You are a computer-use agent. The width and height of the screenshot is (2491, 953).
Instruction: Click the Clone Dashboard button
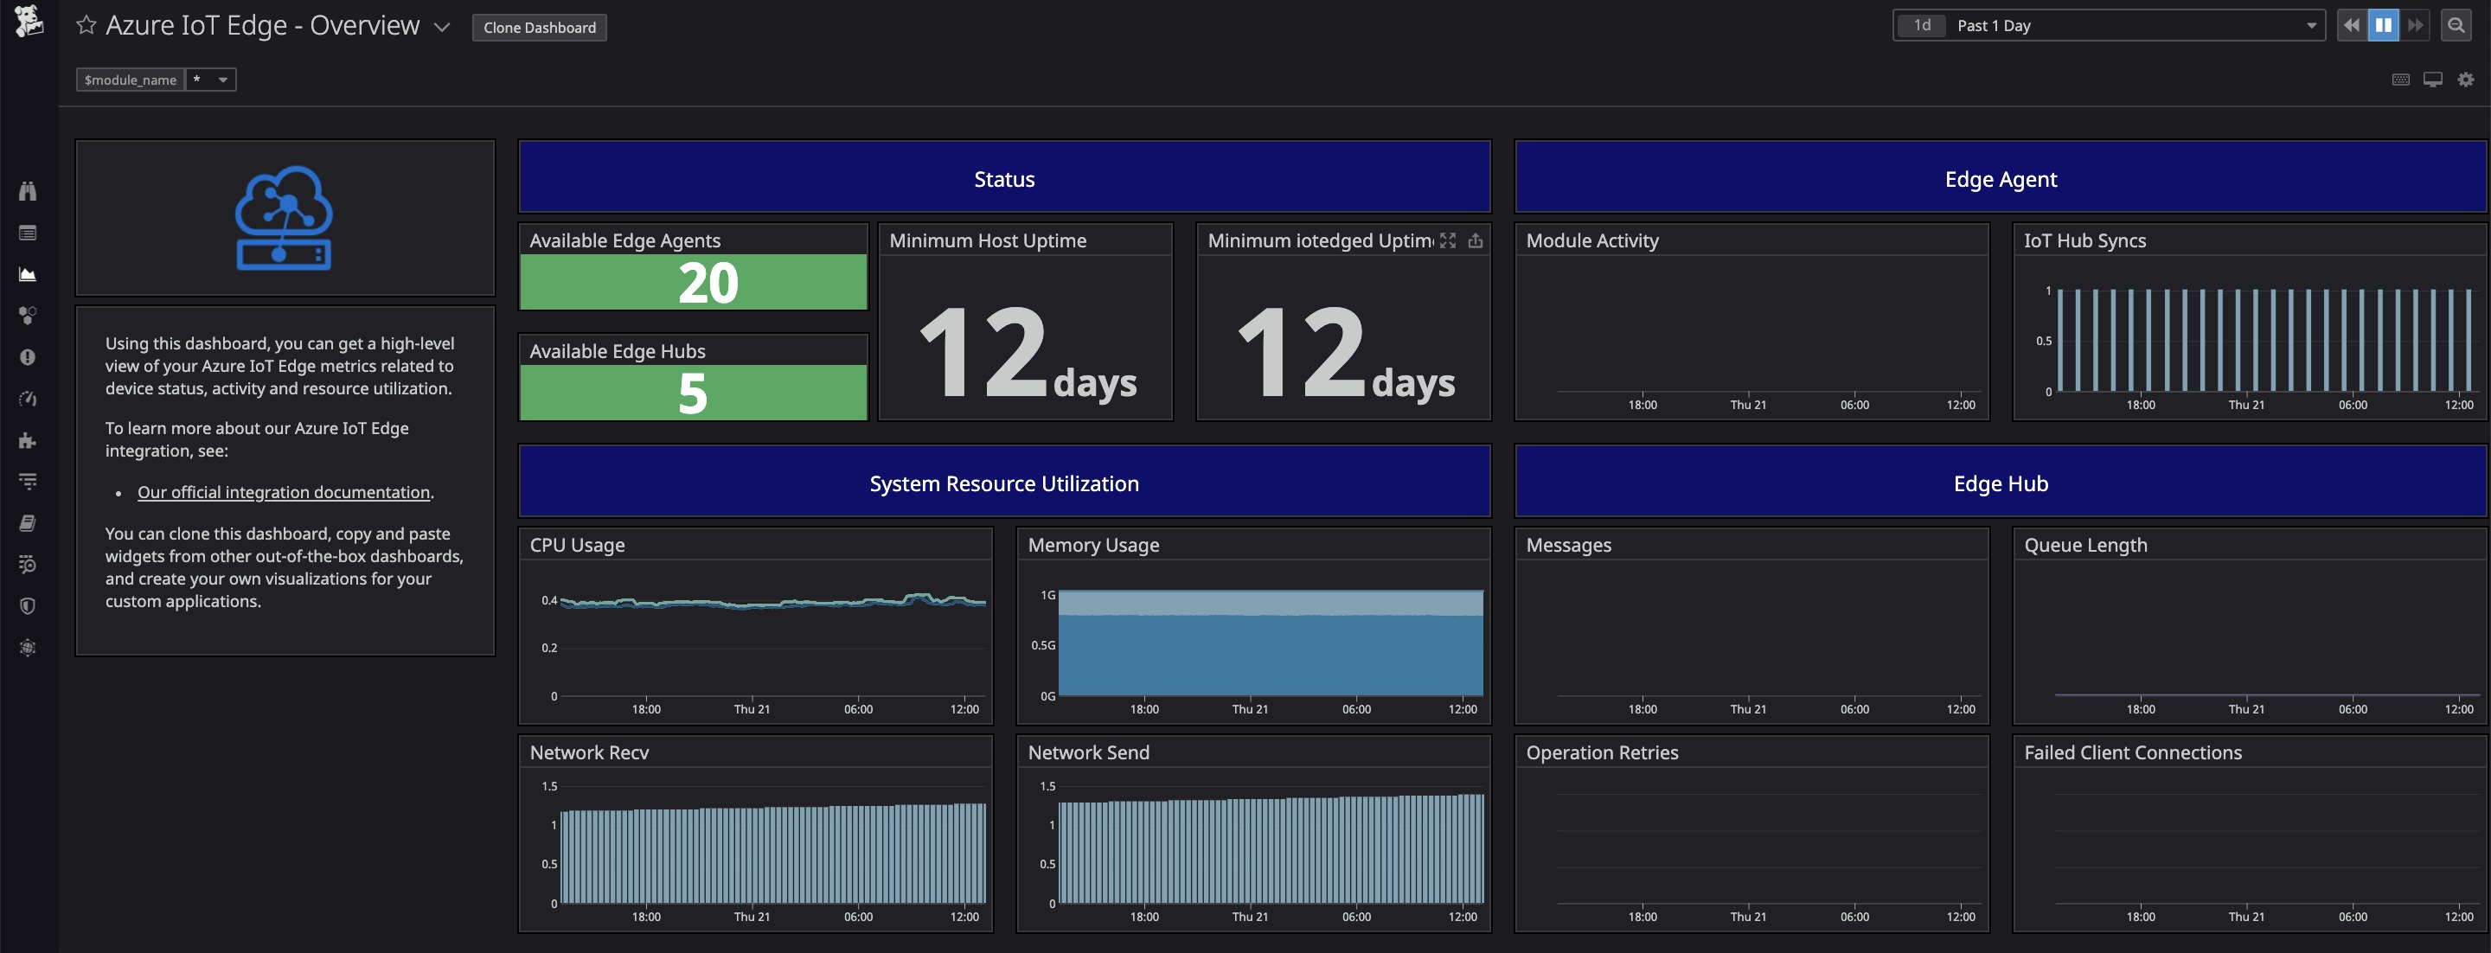540,27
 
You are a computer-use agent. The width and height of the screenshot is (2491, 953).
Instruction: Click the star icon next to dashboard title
86,25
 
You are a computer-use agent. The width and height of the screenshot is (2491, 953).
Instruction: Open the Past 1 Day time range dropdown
2108,26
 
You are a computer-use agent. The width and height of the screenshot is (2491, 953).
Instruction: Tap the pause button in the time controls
2383,26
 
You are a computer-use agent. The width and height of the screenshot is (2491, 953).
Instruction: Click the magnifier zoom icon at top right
2456,26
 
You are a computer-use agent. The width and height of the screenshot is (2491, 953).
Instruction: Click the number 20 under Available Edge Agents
707,283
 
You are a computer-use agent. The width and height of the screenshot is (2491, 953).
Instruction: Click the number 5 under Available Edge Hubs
692,393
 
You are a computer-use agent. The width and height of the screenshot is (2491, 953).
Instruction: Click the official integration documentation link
284,492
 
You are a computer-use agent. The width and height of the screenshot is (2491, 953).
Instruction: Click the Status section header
1003,179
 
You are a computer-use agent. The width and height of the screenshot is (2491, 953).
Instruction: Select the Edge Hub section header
2000,483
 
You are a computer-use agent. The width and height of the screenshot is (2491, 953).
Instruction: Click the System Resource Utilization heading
1003,483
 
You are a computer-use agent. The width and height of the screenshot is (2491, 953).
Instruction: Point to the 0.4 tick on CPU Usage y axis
548,600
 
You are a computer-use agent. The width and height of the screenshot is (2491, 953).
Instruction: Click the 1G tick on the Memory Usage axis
1047,595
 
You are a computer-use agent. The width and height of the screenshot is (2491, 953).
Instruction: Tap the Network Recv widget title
589,752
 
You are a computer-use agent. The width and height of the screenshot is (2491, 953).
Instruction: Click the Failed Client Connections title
2132,752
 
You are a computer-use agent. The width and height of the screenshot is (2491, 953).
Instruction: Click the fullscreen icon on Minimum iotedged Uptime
1447,240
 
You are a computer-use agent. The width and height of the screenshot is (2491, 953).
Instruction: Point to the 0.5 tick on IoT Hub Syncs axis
2042,342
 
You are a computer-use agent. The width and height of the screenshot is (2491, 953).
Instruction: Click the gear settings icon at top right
2465,80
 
